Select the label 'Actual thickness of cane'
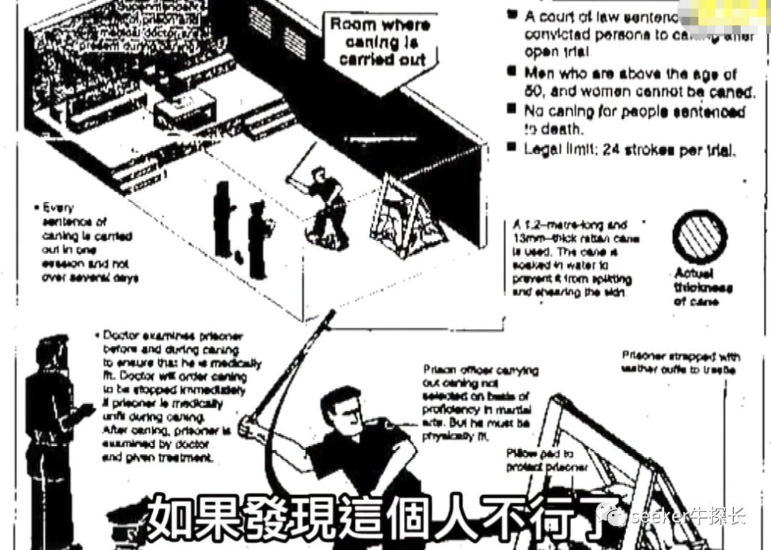[x=703, y=287]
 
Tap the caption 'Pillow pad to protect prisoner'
[x=546, y=460]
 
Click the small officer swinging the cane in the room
[x=325, y=203]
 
